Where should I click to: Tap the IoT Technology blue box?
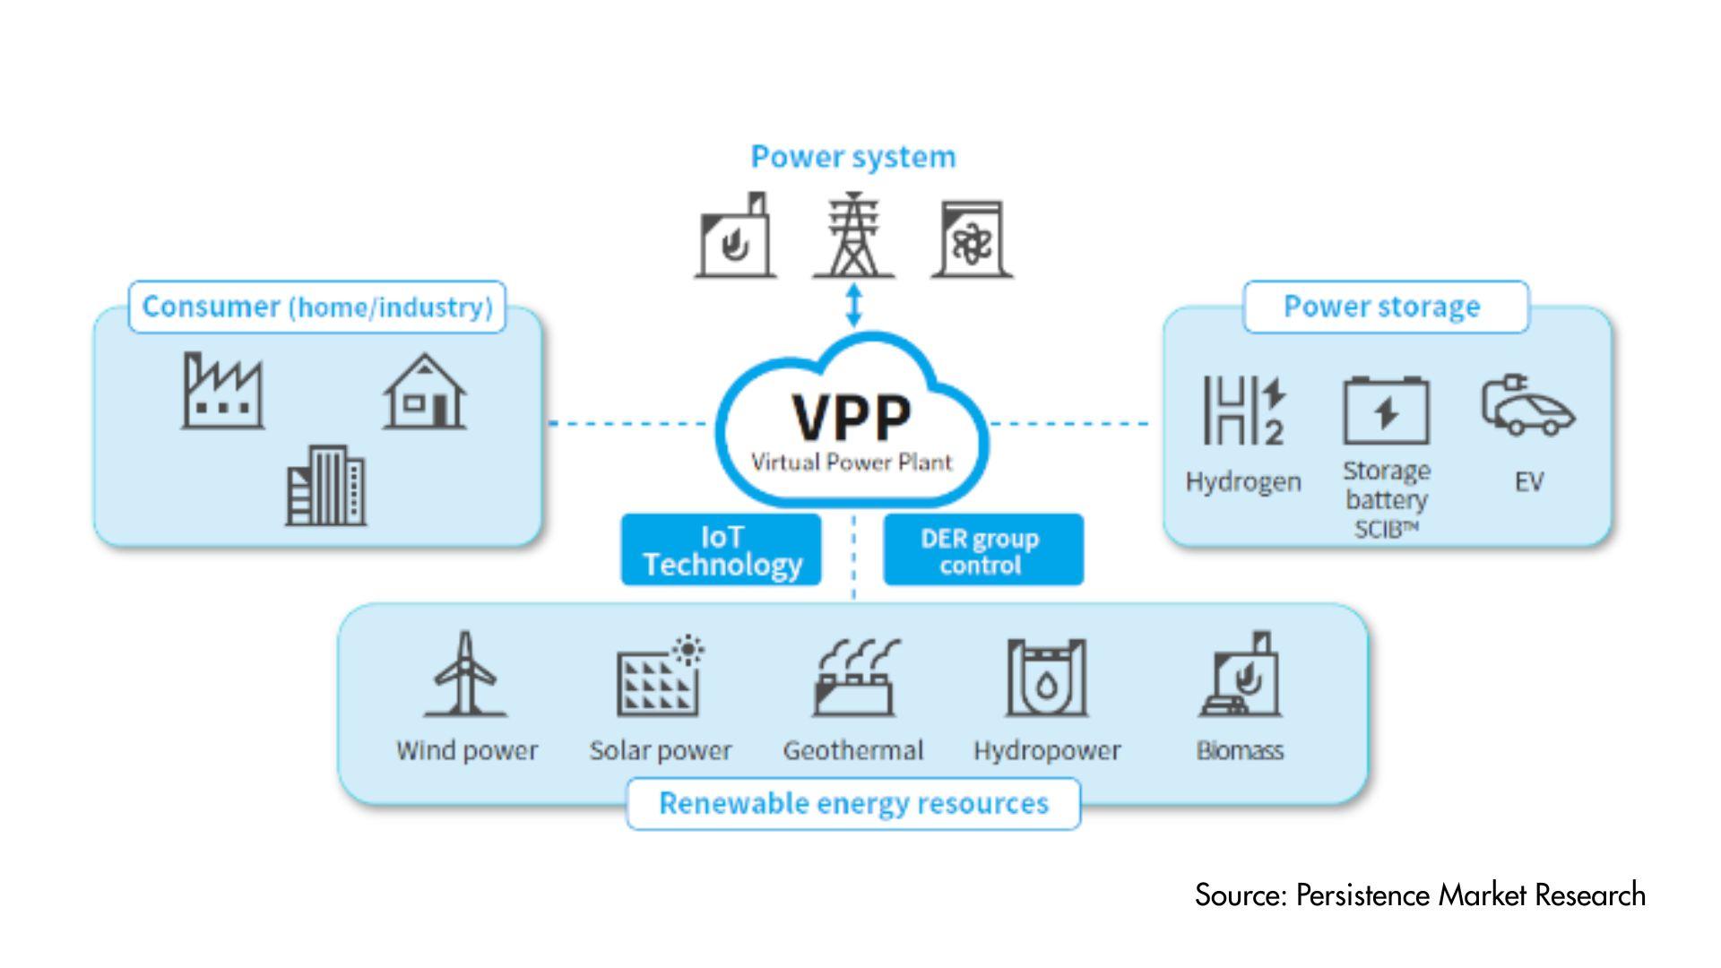[x=722, y=549]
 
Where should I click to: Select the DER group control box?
[x=982, y=549]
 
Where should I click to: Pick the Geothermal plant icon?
[x=854, y=678]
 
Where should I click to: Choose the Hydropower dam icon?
[x=1047, y=678]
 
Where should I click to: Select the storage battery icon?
[x=1386, y=411]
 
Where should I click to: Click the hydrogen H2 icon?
[x=1243, y=411]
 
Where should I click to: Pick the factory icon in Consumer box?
[x=222, y=392]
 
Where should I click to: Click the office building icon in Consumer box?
[x=325, y=486]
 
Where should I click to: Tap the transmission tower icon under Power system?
[x=853, y=237]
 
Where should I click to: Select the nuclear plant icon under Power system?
[x=972, y=239]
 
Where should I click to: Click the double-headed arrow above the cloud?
[x=854, y=305]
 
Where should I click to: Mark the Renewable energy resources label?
[x=853, y=803]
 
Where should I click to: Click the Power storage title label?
[x=1382, y=307]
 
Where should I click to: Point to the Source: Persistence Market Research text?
[x=1420, y=895]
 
